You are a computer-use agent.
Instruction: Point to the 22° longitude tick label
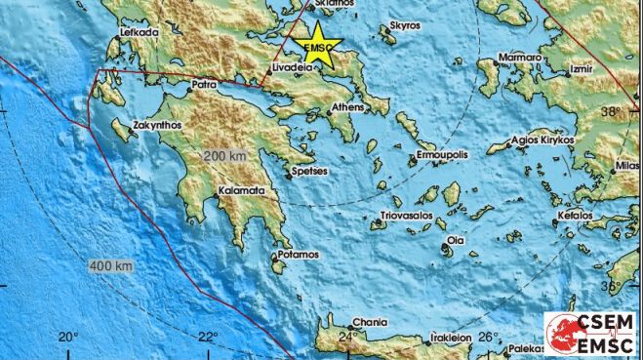(207, 338)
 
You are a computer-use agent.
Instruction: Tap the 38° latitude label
(610, 111)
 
